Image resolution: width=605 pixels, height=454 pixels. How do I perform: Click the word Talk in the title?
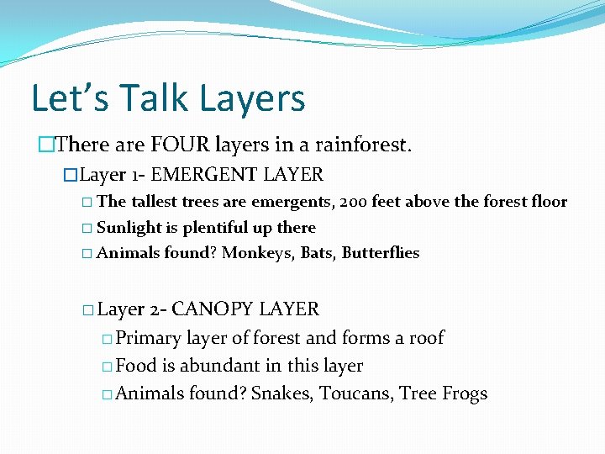(148, 98)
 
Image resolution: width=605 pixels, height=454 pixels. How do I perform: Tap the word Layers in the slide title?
(251, 98)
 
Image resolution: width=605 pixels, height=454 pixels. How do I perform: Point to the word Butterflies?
(381, 253)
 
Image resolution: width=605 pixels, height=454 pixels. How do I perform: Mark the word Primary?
(149, 338)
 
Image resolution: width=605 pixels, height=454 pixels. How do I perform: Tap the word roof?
(426, 338)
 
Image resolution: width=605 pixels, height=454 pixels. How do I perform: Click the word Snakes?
(281, 394)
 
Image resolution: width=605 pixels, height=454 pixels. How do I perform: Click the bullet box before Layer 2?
(88, 310)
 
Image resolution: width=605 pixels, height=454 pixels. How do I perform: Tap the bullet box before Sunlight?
(88, 229)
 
